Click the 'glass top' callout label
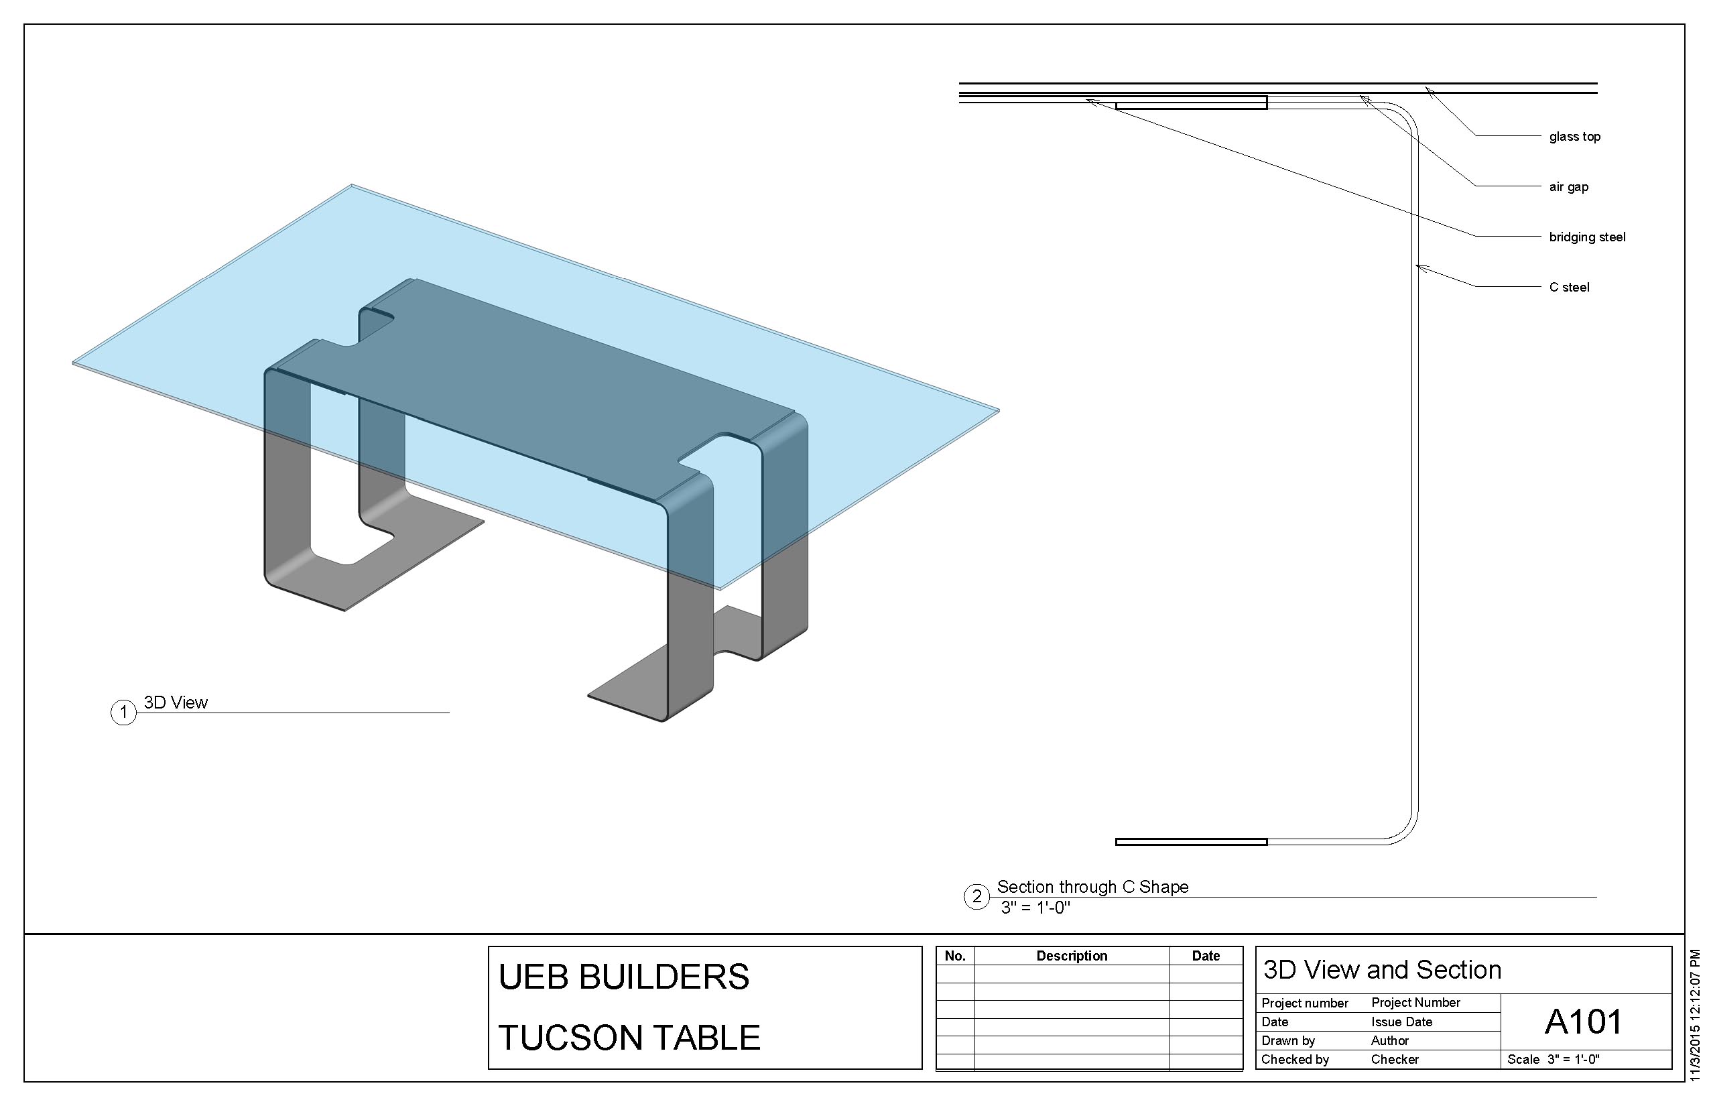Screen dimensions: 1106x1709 [x=1574, y=137]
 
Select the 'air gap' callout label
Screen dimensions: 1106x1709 [x=1568, y=187]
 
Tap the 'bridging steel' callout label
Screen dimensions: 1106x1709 [x=1587, y=237]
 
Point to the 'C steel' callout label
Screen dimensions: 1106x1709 [x=1569, y=288]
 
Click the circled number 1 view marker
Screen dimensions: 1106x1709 [x=123, y=712]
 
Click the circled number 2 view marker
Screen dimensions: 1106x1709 [x=976, y=897]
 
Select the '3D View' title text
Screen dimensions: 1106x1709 [x=175, y=702]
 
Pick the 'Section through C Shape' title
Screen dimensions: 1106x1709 [x=1092, y=887]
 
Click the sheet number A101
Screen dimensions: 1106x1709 [x=1582, y=1022]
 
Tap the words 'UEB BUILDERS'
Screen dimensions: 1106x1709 [x=623, y=977]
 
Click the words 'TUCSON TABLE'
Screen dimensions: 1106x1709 [x=629, y=1038]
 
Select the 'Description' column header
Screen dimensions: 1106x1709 [x=1072, y=956]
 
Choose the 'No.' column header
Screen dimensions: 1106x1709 [x=954, y=956]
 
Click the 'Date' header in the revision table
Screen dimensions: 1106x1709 [x=1206, y=956]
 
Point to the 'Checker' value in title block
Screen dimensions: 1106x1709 [x=1395, y=1059]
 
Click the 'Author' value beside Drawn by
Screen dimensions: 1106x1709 [x=1389, y=1040]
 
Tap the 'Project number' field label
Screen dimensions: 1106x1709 [x=1305, y=1003]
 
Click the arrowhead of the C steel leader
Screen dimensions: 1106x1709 [x=1418, y=268]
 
